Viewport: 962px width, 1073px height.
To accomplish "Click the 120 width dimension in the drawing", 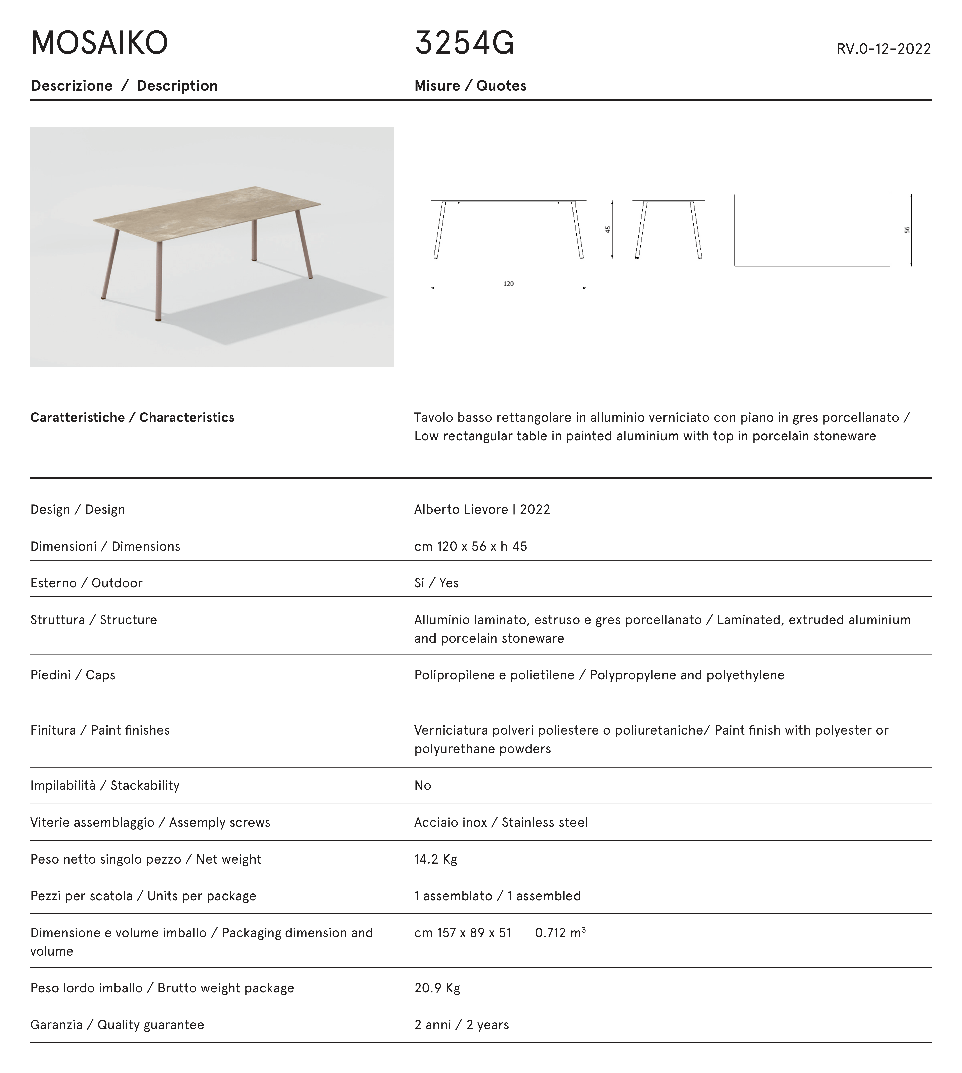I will [x=508, y=284].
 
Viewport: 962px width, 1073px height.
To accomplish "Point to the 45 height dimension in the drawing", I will [x=608, y=229].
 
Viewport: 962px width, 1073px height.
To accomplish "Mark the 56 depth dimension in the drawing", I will [x=907, y=230].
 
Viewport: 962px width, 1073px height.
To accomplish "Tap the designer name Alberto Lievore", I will [x=461, y=509].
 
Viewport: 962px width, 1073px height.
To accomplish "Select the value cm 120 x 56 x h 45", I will [x=470, y=546].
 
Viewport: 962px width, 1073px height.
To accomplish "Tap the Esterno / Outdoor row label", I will [x=86, y=583].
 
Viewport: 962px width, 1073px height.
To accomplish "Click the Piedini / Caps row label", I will [x=72, y=675].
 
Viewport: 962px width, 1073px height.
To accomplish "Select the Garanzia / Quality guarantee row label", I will [x=117, y=1025].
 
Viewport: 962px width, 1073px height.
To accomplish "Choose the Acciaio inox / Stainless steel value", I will [x=501, y=823].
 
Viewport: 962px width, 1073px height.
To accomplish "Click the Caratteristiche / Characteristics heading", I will [x=132, y=417].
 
